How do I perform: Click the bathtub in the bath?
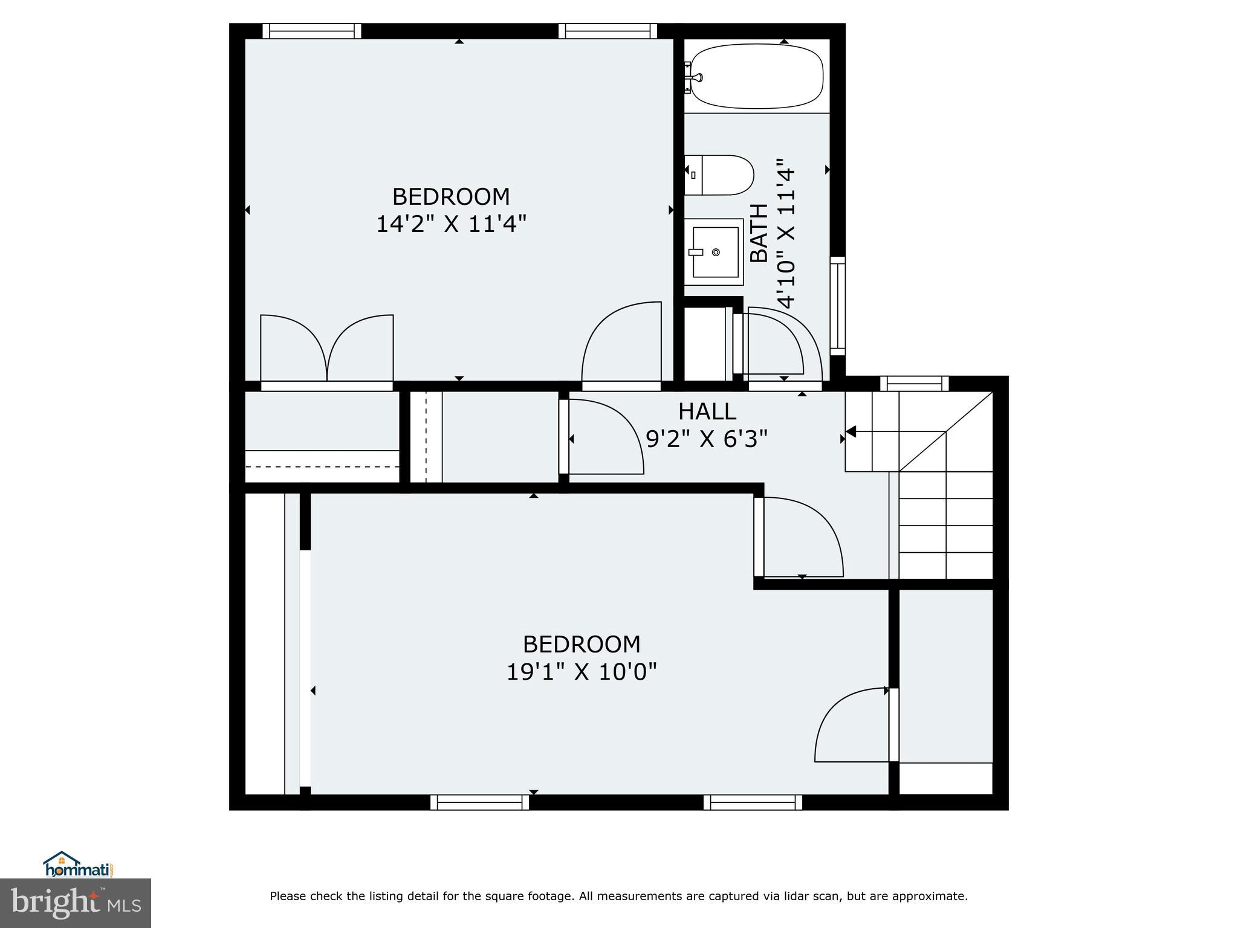pos(756,77)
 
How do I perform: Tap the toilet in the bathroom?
pos(719,175)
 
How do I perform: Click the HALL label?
pos(707,411)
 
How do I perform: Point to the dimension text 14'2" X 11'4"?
pos(451,224)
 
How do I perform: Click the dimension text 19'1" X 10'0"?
pos(581,671)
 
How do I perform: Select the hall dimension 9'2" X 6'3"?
pos(707,439)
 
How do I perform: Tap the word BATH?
pos(759,233)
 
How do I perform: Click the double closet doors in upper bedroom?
pos(327,349)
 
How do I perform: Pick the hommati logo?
pos(79,865)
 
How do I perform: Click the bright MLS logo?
pos(76,903)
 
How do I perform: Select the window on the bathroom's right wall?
pos(837,305)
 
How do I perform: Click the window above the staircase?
pos(914,384)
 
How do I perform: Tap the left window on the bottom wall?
pos(479,802)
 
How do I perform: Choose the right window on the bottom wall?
pos(753,802)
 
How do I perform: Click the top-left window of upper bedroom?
pos(312,31)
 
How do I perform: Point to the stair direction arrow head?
pos(851,431)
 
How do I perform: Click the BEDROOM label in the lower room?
pos(581,644)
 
